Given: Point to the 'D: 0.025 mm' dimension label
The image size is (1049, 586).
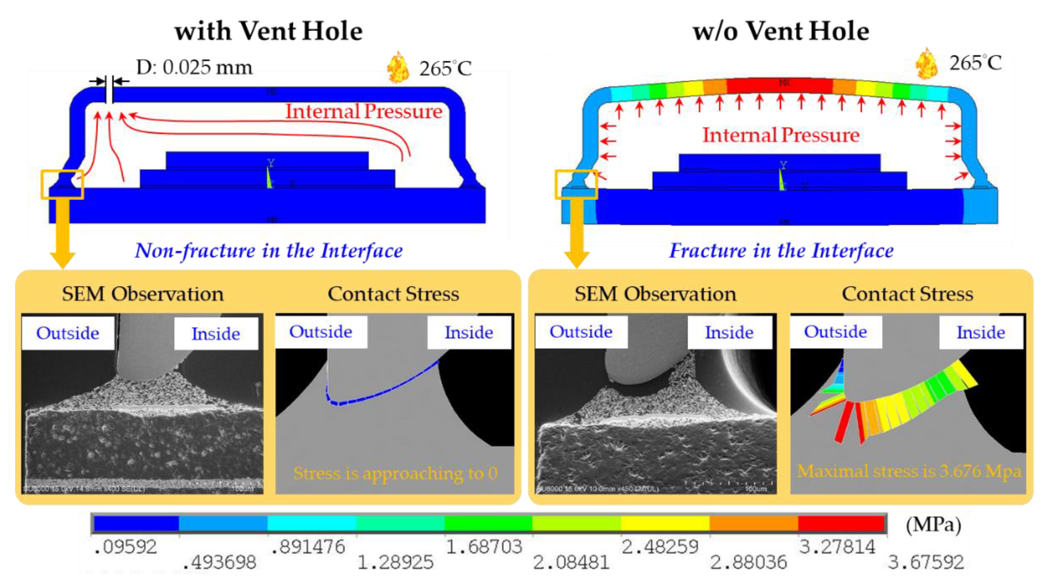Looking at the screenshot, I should (194, 67).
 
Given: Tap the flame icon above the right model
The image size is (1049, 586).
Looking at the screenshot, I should (926, 64).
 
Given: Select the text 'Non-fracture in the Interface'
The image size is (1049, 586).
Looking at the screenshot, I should (269, 250).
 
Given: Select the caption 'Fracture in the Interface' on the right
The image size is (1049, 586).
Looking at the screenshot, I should (781, 250).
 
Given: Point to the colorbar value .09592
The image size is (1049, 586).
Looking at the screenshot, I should (124, 547).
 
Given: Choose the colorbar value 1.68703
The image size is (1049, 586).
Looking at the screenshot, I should (484, 547).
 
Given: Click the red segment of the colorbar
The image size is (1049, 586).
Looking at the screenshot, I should (841, 523).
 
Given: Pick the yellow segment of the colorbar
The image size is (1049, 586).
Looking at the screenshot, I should (665, 523).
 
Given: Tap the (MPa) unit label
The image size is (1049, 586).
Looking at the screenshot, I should (933, 525).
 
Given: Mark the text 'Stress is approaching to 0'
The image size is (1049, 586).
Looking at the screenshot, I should (395, 473).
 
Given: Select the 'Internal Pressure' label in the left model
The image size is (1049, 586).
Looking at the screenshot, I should (363, 111).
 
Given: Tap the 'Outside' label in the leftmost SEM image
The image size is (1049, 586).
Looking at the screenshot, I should (68, 333).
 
